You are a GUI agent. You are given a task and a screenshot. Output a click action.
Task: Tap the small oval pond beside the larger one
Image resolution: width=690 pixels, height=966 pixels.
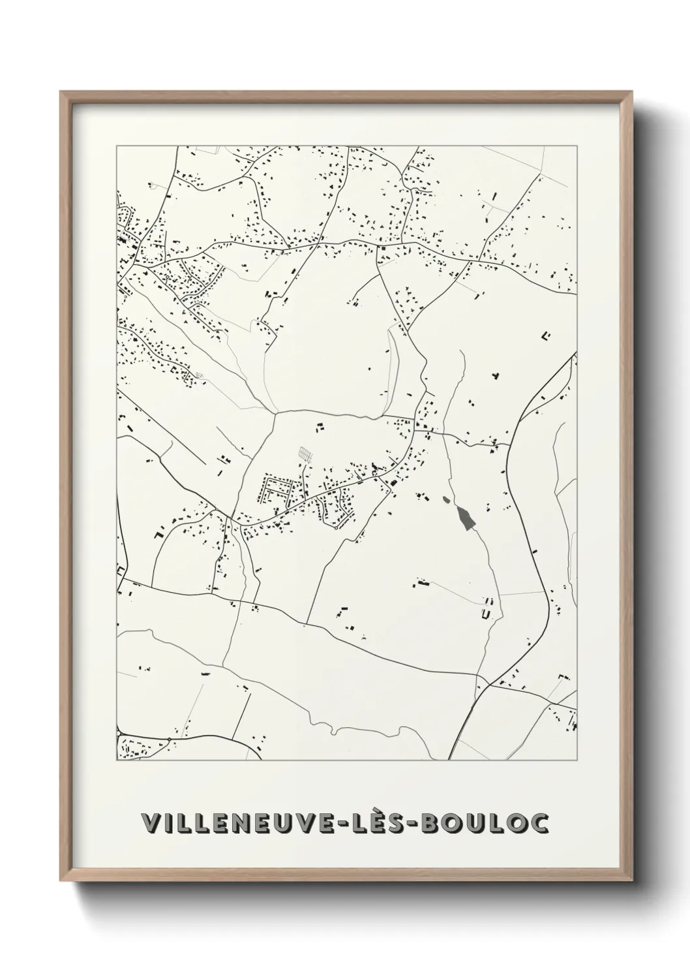point(446,500)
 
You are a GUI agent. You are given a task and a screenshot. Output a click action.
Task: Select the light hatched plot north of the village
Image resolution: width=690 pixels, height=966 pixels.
point(304,452)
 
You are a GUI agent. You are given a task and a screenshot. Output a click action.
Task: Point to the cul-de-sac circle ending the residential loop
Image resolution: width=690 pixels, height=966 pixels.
point(336,528)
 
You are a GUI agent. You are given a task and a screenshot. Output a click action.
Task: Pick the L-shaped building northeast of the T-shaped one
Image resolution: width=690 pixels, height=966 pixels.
point(546,336)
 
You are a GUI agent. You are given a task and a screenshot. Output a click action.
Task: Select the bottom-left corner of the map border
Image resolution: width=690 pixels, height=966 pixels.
point(117,760)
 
